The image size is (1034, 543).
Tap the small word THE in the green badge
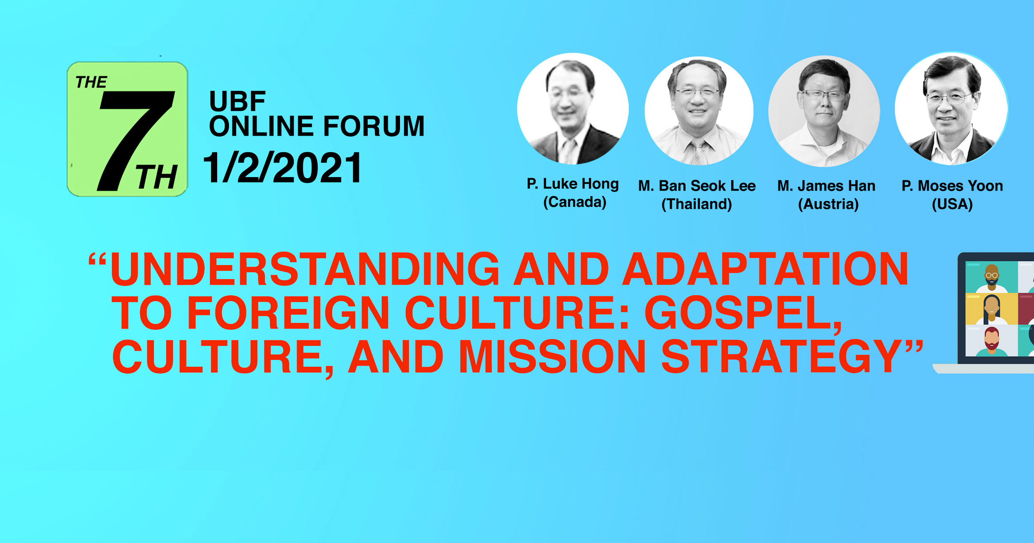pos(91,82)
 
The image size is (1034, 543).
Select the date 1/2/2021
pos(282,167)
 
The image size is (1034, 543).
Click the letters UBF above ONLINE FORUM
pos(237,101)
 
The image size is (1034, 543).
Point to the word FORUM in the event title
pos(373,126)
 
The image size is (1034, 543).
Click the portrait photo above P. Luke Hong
pos(573,109)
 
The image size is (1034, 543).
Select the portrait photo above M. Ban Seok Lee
pos(699,110)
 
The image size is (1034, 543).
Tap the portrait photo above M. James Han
pos(824,111)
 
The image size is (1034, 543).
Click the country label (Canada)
pos(574,202)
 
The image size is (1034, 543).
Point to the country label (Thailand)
pos(697,204)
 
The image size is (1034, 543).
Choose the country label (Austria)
pos(828,204)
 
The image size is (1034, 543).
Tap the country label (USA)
pos(952,204)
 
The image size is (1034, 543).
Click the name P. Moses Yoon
pos(952,186)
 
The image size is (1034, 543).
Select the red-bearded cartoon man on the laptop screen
pos(992,341)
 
